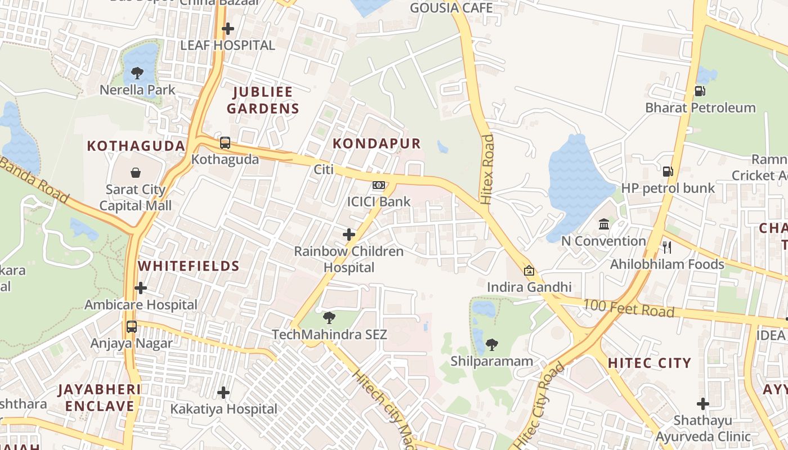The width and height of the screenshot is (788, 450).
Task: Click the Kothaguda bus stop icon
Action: pyautogui.click(x=225, y=143)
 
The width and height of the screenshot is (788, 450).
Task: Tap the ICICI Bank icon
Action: pyautogui.click(x=379, y=185)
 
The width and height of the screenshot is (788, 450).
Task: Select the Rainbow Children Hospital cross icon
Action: pyautogui.click(x=349, y=235)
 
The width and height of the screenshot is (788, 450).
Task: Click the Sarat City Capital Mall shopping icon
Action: pyautogui.click(x=136, y=173)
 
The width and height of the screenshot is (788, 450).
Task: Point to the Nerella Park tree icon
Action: pyautogui.click(x=137, y=73)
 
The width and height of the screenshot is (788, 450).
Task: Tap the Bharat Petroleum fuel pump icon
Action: pyautogui.click(x=700, y=91)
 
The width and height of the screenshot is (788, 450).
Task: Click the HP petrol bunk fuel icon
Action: pyautogui.click(x=668, y=172)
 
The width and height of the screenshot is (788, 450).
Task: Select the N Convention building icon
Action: pyautogui.click(x=604, y=224)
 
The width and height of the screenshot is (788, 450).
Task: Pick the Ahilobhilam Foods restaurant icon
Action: pyautogui.click(x=667, y=247)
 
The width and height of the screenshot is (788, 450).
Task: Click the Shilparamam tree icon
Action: pyautogui.click(x=491, y=344)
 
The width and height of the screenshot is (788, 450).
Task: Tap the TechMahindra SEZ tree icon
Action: pyautogui.click(x=329, y=318)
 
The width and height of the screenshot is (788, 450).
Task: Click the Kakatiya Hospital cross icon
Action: pyautogui.click(x=223, y=393)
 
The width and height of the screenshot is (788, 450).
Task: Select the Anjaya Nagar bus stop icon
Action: pyautogui.click(x=132, y=327)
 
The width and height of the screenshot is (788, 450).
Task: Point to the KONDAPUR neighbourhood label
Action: pyautogui.click(x=377, y=143)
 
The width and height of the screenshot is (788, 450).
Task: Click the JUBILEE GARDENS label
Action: pyautogui.click(x=263, y=100)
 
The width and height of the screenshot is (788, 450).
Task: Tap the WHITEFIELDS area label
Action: pyautogui.click(x=189, y=266)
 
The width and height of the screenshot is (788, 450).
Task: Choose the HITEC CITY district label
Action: pyautogui.click(x=649, y=363)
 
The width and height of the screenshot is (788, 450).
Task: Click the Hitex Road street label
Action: pyautogui.click(x=487, y=169)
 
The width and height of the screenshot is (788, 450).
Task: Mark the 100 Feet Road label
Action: pyautogui.click(x=628, y=308)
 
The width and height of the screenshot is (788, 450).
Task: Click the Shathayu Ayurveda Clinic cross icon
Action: pyautogui.click(x=702, y=404)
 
